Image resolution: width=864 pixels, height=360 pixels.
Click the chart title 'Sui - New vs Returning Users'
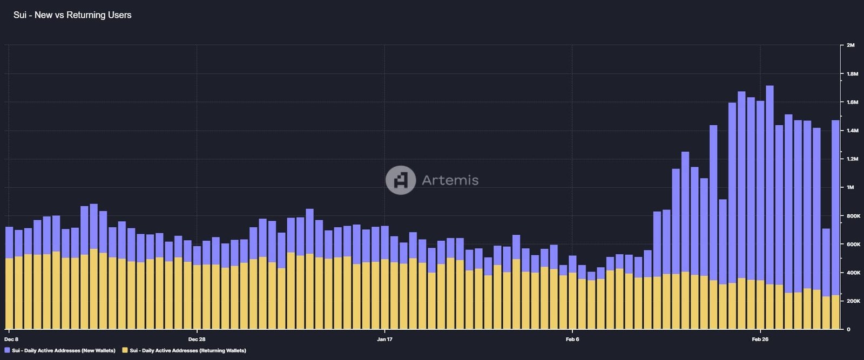tap(72, 15)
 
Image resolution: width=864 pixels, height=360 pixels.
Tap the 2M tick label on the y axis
tap(850, 45)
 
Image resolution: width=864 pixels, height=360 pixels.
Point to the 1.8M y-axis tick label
tap(852, 74)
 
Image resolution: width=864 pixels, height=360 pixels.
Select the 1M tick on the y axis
tap(850, 187)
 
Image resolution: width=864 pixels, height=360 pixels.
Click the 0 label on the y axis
tap(848, 329)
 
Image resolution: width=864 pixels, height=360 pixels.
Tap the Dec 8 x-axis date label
tap(11, 339)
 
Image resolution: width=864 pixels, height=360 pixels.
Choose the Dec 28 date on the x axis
tap(197, 339)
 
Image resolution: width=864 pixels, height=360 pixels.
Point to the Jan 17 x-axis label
tap(384, 339)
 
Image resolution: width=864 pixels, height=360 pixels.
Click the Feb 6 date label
tap(572, 339)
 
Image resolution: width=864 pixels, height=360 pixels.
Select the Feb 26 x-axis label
tap(760, 339)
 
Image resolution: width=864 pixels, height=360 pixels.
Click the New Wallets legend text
tap(64, 351)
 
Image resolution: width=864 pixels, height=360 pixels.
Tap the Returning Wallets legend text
tap(188, 351)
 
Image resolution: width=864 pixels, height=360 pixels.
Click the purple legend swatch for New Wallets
tap(7, 351)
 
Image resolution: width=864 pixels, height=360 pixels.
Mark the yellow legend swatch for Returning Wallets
tap(125, 351)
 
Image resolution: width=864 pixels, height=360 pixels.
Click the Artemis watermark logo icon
tap(401, 180)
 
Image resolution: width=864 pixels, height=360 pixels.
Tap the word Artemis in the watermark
tap(450, 180)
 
